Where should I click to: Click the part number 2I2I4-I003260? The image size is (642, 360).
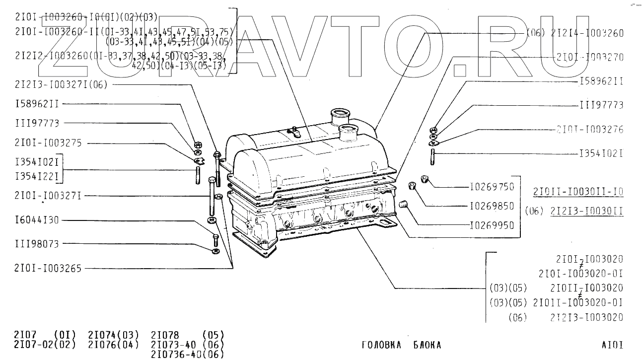(587, 33)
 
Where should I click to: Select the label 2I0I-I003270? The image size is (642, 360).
(590, 57)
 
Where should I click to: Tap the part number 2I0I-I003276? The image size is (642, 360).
(590, 130)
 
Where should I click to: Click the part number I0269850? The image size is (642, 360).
(492, 206)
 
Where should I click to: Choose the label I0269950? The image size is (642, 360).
(492, 225)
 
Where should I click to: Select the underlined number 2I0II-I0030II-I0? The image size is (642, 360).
(578, 192)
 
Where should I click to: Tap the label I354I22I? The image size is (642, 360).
(37, 176)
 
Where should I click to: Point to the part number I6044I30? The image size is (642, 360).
(37, 220)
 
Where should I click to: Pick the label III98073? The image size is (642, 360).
(37, 244)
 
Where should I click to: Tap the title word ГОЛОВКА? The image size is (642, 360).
(381, 345)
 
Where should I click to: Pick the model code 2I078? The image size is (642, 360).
(165, 335)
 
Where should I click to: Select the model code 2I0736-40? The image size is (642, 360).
(174, 354)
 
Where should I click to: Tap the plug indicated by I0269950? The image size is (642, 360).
(404, 204)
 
